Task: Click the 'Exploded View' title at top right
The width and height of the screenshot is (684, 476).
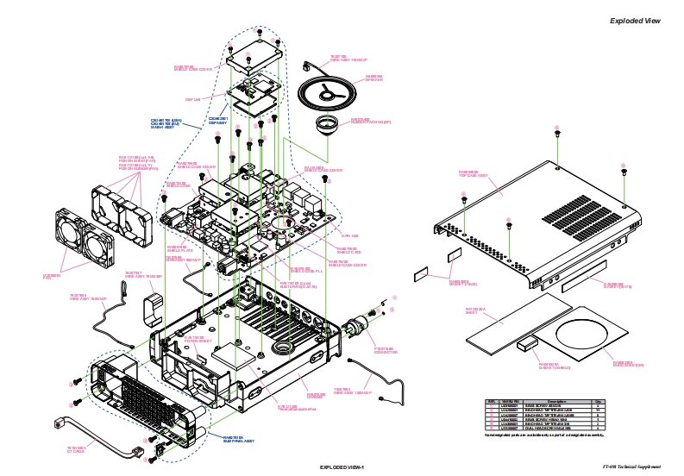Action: click(x=635, y=21)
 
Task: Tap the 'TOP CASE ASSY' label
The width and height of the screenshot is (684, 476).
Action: click(x=473, y=172)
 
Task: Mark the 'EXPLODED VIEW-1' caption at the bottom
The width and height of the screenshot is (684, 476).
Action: click(x=342, y=467)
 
